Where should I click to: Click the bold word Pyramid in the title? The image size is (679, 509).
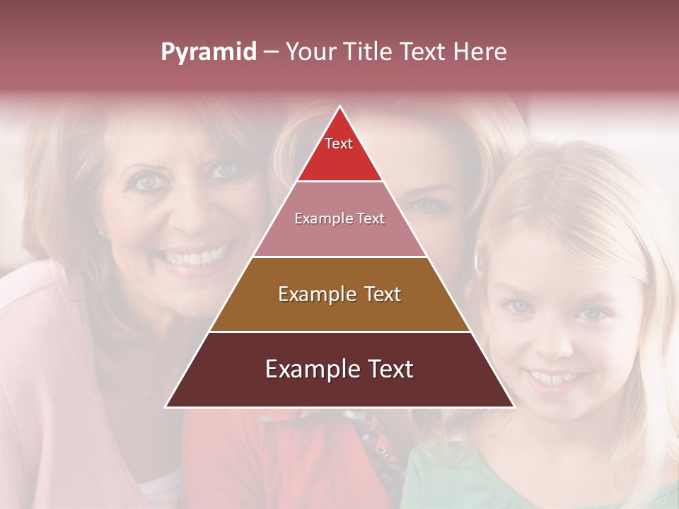[x=208, y=52]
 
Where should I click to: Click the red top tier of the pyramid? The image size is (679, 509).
[x=339, y=159]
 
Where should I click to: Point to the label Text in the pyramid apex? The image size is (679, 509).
[x=339, y=144]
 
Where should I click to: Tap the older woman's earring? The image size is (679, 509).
[x=100, y=234]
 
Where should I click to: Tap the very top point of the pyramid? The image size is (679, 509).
[x=339, y=107]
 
